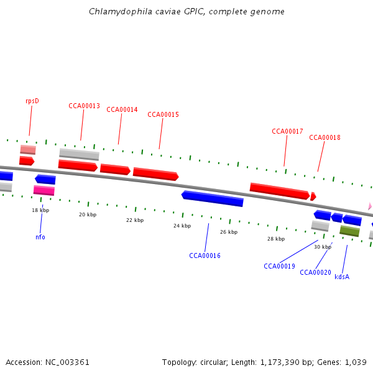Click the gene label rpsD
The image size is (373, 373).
[x=32, y=101]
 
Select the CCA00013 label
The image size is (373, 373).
[x=84, y=106]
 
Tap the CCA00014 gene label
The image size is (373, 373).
[x=122, y=109]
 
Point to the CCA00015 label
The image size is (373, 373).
[x=163, y=114]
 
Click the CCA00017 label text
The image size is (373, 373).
[x=287, y=131]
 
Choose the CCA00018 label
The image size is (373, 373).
[x=325, y=137]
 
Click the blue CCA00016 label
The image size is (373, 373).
[x=205, y=256]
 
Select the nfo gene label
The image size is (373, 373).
[x=40, y=237]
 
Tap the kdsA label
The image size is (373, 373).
[x=342, y=277]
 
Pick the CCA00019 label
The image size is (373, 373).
[x=279, y=266]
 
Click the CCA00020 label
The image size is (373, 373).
[x=315, y=272]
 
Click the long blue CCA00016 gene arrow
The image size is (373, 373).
[x=213, y=198]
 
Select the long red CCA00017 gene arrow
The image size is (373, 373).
[x=279, y=191]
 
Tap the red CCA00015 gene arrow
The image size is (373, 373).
[x=155, y=174]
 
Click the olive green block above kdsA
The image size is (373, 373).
[x=349, y=231]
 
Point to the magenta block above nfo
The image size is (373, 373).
[x=44, y=190]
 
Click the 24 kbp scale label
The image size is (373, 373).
[x=182, y=226]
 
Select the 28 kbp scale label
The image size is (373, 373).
[x=276, y=239]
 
